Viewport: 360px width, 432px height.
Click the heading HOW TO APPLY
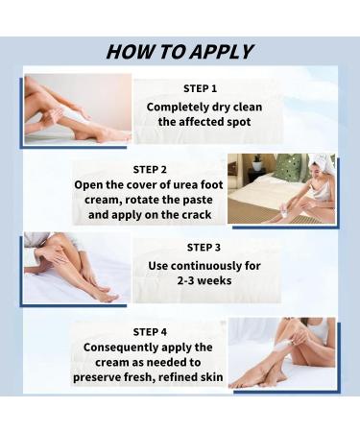[x=180, y=52]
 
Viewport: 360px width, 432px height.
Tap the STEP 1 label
[x=200, y=89]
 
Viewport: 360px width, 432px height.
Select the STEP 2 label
[x=151, y=169]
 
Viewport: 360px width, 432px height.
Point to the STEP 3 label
[x=204, y=247]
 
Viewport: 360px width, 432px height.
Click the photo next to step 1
[x=77, y=108]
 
